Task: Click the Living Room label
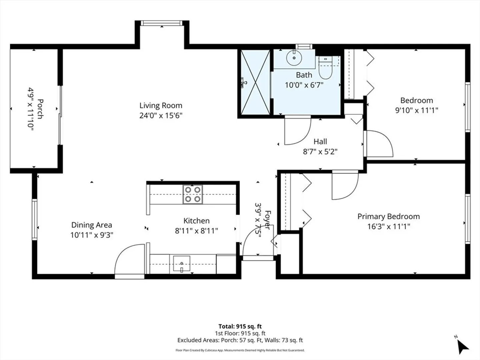coord(161,106)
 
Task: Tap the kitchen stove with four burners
coord(193,194)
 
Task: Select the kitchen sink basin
coord(182,264)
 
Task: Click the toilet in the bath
coord(325,68)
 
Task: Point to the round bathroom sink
coord(294,58)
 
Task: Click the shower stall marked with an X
coord(255,82)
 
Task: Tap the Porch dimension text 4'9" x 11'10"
coord(31,109)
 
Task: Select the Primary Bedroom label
coord(389,216)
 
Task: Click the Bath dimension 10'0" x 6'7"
coord(304,85)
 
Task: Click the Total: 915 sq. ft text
coord(240,327)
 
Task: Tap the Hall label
coord(320,141)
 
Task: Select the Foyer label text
coord(267,220)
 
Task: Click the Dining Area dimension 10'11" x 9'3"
coord(92,235)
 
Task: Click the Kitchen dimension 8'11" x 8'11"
coord(196,231)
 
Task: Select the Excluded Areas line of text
coord(240,340)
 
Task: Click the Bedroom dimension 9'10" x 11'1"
coord(417,110)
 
